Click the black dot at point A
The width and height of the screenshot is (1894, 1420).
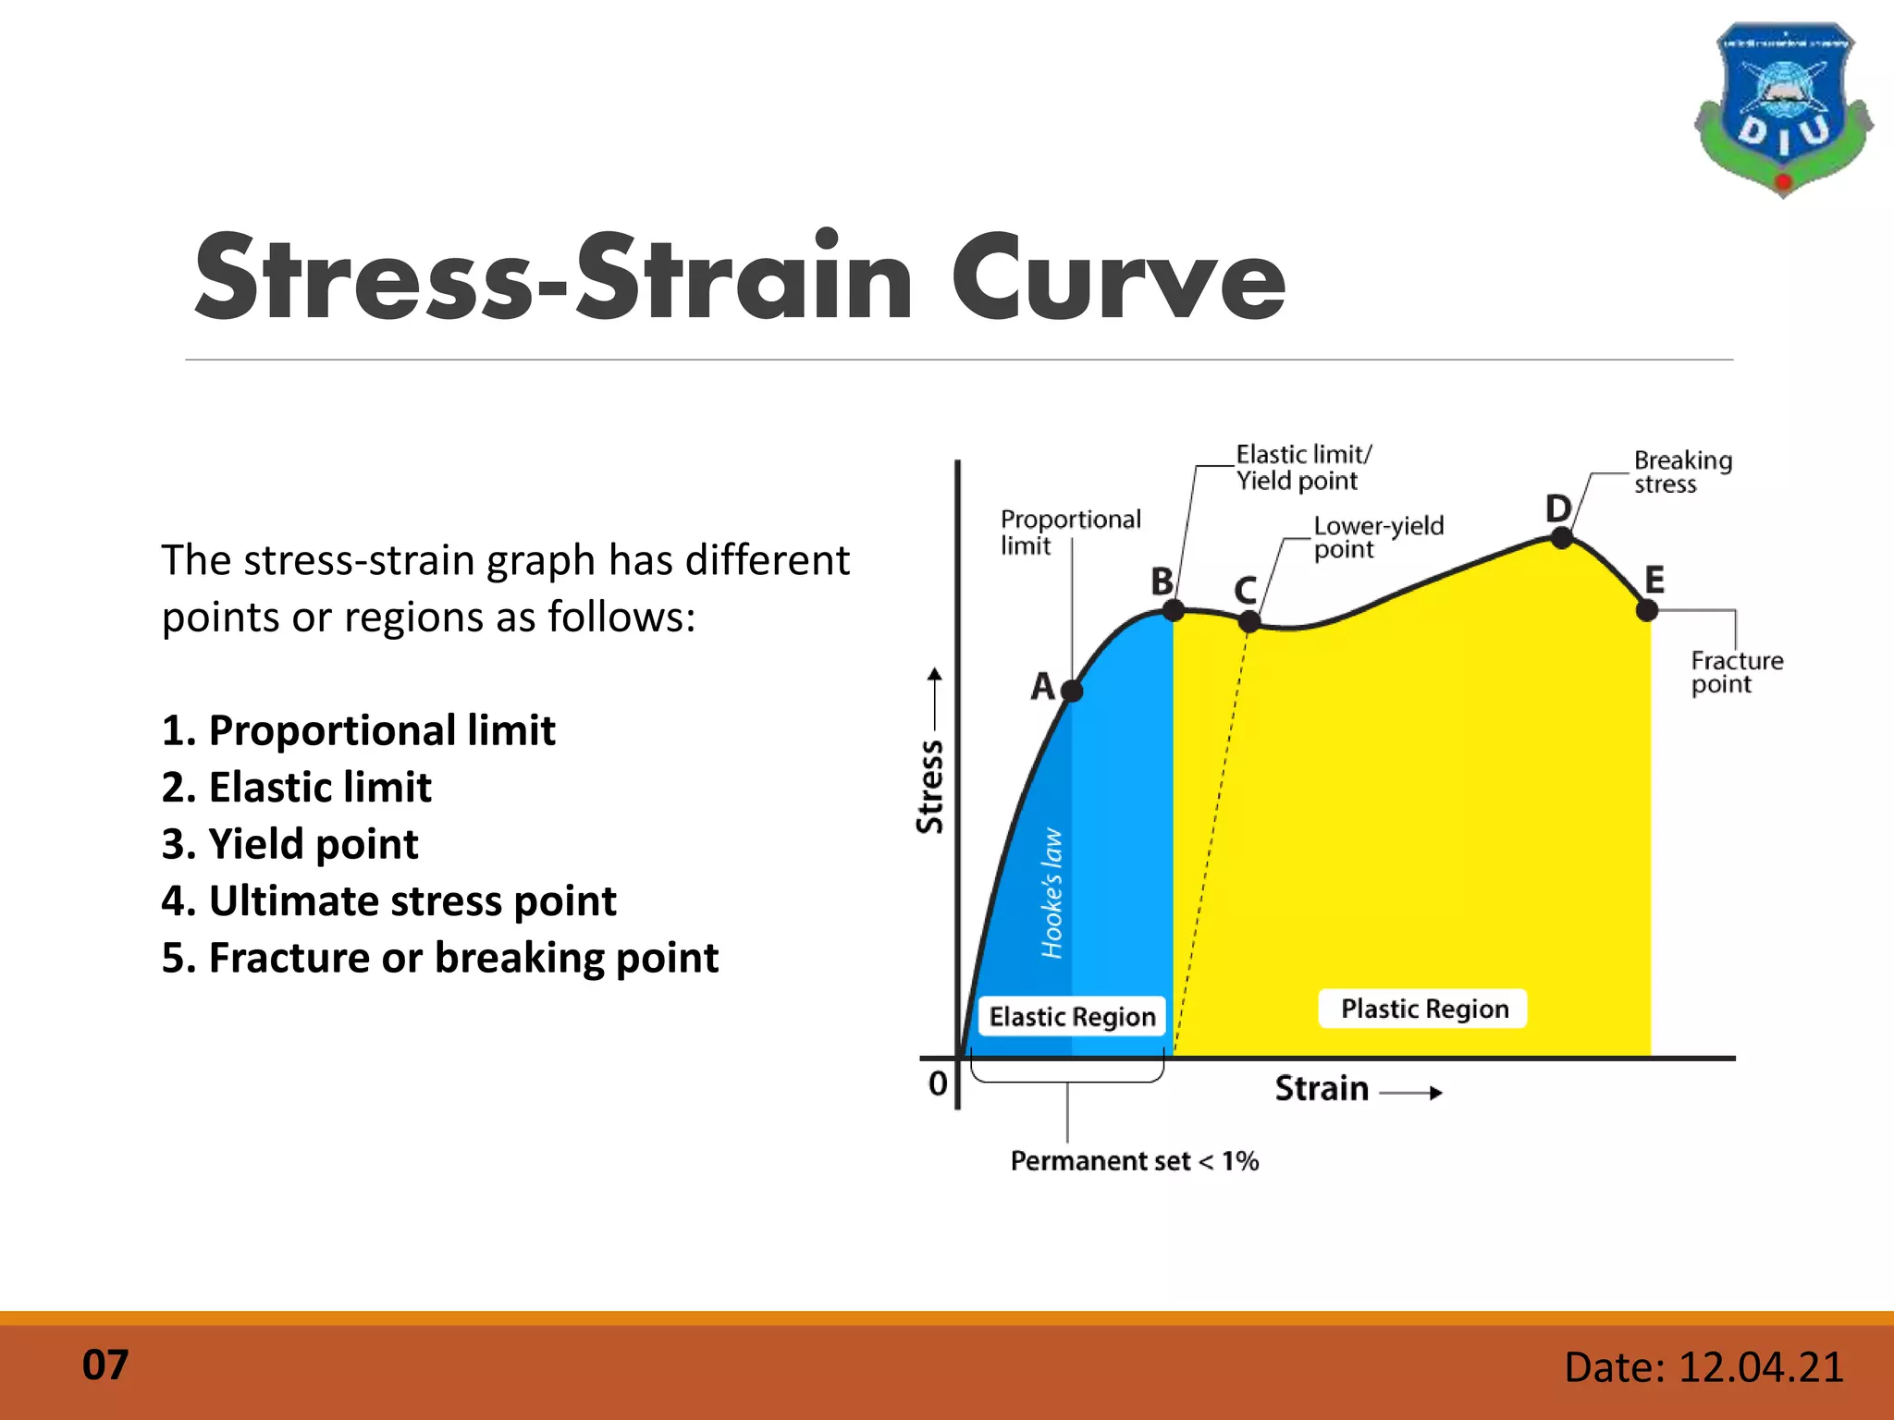[1072, 691]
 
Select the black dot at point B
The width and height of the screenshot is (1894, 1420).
[1173, 610]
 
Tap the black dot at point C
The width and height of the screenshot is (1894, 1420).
[1249, 622]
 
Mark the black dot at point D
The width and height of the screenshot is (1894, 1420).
[1562, 538]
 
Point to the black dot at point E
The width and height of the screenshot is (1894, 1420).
[1647, 610]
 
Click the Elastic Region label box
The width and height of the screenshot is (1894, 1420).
[1072, 1017]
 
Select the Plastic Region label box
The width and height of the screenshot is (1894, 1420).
[1424, 1009]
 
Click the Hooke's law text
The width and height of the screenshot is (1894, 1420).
[1052, 893]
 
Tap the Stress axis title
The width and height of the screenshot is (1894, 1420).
[930, 786]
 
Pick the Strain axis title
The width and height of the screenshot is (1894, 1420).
[1322, 1089]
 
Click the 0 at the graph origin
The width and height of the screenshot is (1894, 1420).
[938, 1083]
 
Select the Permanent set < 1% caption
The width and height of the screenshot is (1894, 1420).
[1135, 1161]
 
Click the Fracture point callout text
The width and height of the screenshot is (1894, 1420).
[1735, 672]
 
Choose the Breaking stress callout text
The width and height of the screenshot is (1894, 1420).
[1681, 472]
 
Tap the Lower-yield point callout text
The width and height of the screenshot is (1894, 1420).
[1377, 537]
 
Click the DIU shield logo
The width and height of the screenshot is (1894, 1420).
[1783, 109]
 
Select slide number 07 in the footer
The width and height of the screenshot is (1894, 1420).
[105, 1365]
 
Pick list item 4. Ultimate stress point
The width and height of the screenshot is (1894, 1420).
[388, 900]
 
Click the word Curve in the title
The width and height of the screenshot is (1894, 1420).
[1118, 277]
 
